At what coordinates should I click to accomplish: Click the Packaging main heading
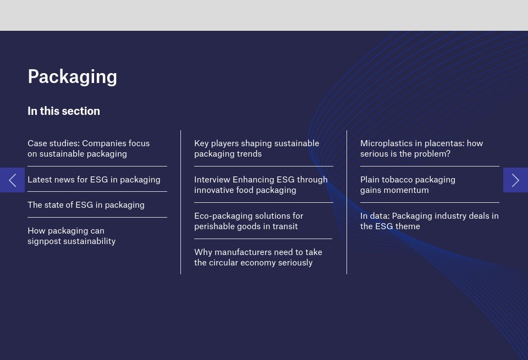(x=72, y=76)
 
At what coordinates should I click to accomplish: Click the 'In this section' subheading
(x=64, y=111)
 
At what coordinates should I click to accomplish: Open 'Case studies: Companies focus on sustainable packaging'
(x=89, y=148)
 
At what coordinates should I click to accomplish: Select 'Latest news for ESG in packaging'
(x=94, y=179)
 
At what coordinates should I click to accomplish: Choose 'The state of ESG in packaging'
(x=86, y=205)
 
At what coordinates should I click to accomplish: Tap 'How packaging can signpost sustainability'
(x=71, y=236)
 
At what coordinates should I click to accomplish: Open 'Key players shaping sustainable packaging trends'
(x=256, y=148)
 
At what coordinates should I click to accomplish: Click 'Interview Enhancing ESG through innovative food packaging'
(x=261, y=185)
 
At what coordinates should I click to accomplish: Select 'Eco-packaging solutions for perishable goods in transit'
(x=249, y=221)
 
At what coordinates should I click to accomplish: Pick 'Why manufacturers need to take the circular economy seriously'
(x=258, y=257)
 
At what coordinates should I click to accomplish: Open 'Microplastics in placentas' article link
(x=421, y=148)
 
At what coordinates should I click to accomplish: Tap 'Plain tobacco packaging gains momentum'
(x=408, y=185)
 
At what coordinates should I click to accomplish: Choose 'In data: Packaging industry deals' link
(x=429, y=221)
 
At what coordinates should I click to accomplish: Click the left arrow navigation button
(x=12, y=180)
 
